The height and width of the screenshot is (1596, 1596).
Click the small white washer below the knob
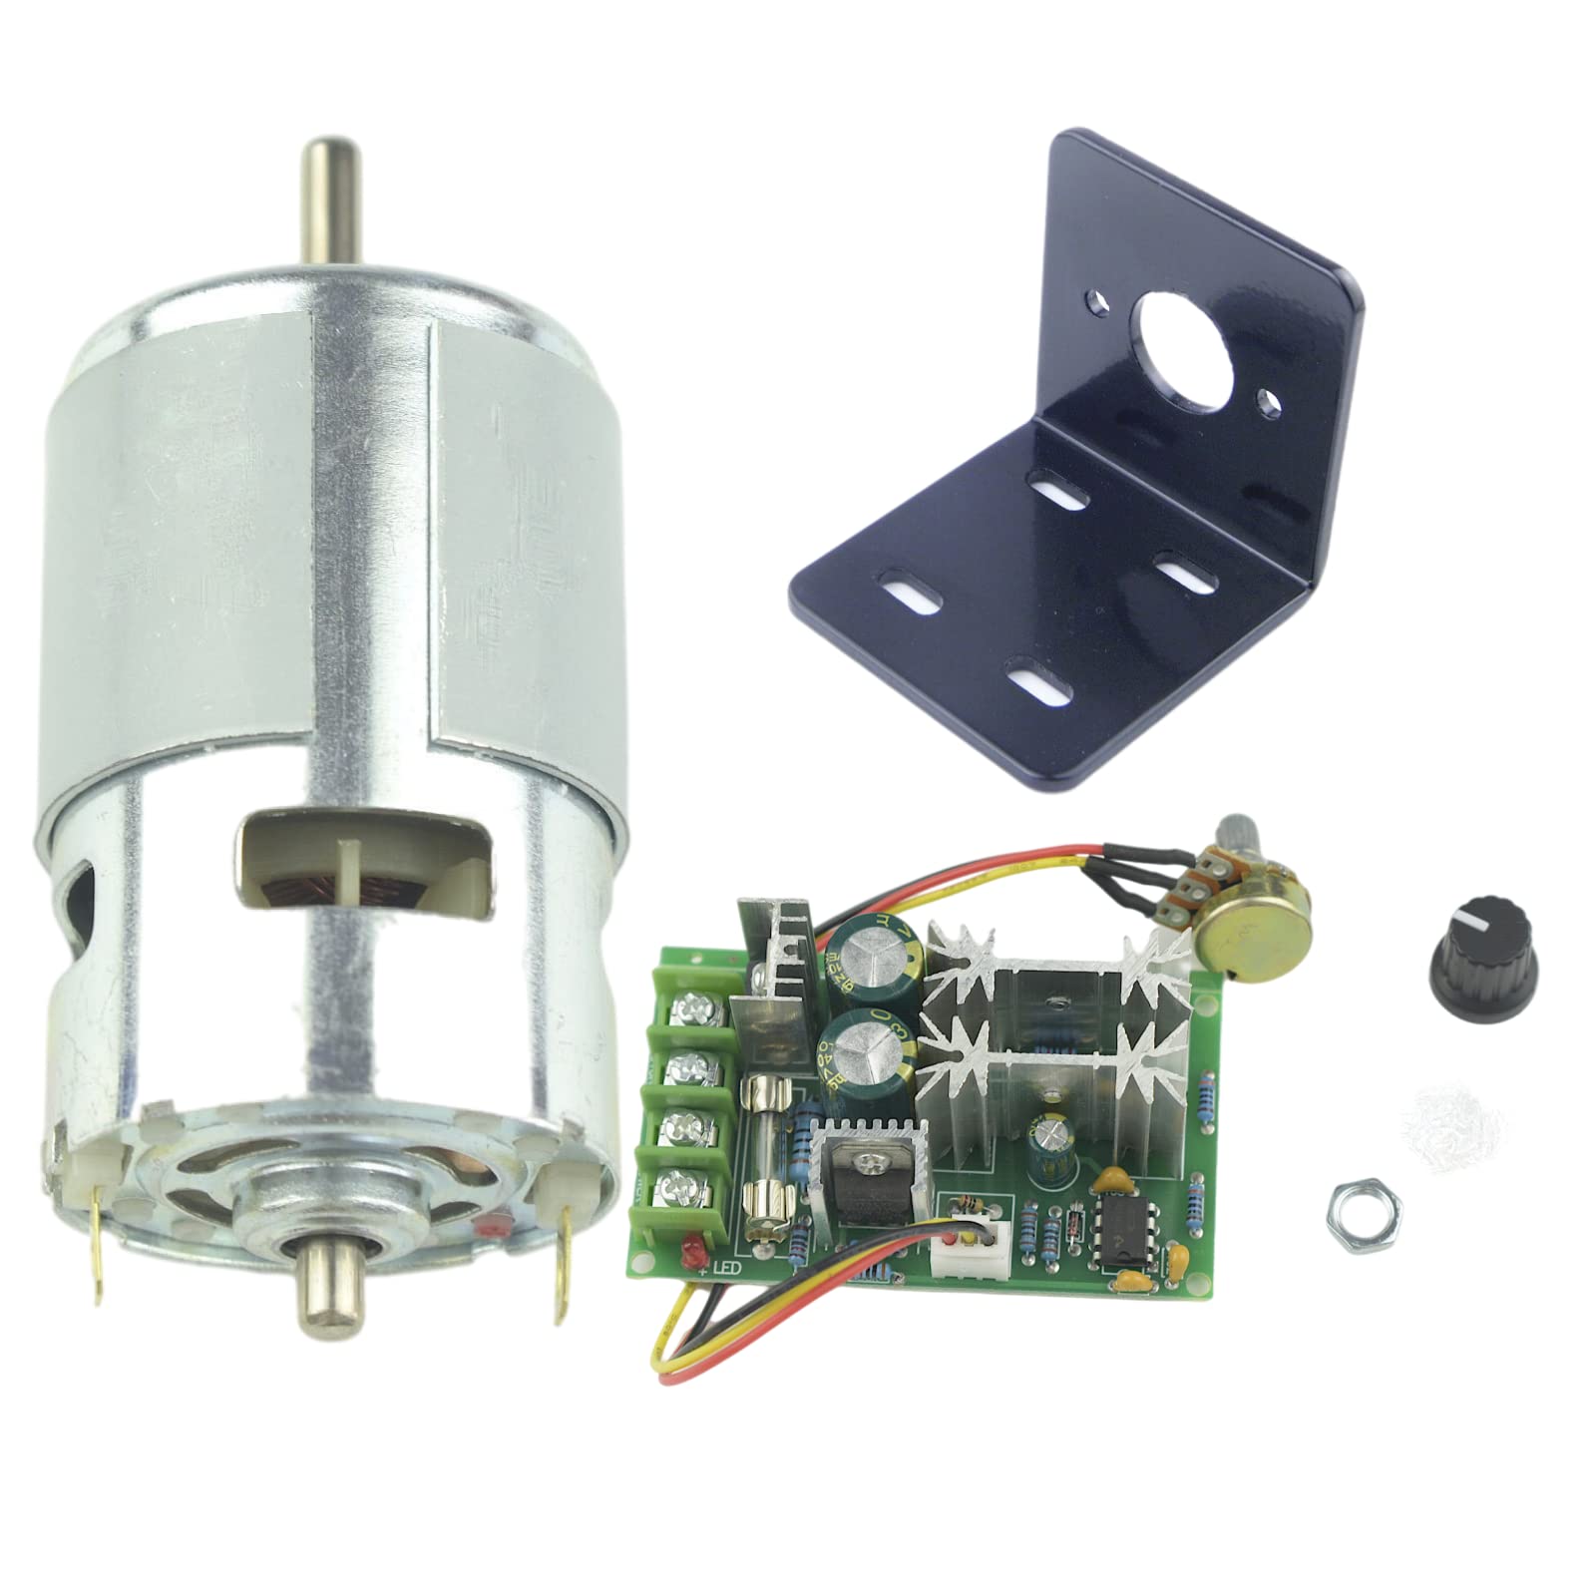pyautogui.click(x=1437, y=1107)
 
